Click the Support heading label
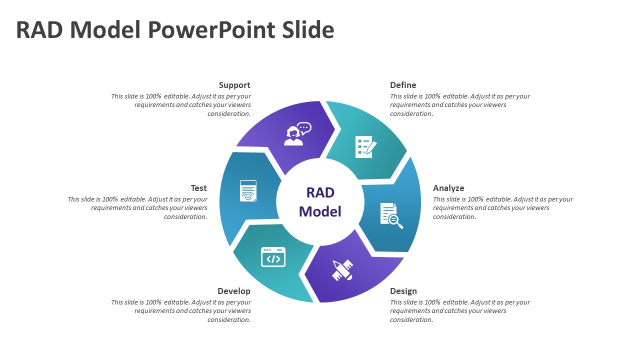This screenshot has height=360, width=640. [x=234, y=85]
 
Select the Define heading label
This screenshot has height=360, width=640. [x=403, y=85]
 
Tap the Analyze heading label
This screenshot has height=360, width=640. [x=448, y=188]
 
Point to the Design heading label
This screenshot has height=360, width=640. [x=403, y=291]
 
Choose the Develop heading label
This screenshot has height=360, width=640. [x=234, y=291]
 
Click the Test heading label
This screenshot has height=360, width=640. [x=198, y=188]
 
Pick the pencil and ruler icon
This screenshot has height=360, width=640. [x=342, y=270]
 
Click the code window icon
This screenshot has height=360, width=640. [x=273, y=257]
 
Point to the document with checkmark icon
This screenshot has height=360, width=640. [x=248, y=191]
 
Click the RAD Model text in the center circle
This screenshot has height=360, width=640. [x=320, y=202]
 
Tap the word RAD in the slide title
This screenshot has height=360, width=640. [x=40, y=30]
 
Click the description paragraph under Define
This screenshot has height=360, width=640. [x=459, y=105]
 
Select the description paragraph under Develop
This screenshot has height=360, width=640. [x=181, y=311]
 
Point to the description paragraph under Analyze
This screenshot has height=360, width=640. [x=502, y=208]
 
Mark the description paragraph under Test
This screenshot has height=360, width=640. [x=137, y=208]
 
